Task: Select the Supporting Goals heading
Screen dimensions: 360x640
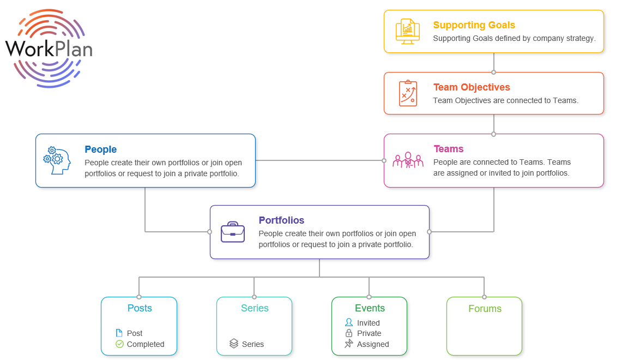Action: (x=474, y=25)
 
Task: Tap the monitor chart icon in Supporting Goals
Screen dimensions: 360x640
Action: (x=407, y=31)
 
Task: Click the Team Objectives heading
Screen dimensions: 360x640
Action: (x=472, y=87)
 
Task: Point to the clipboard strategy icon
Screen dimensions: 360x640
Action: (x=407, y=93)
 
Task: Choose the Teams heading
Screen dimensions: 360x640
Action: (x=448, y=149)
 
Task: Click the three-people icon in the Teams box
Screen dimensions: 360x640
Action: (x=408, y=160)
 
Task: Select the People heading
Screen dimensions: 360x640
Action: (x=100, y=149)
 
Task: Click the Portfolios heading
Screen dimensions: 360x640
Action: (x=281, y=220)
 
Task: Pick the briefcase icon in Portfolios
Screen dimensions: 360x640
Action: (x=233, y=232)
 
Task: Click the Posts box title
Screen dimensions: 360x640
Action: (x=140, y=308)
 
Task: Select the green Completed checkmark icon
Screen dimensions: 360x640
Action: (x=119, y=344)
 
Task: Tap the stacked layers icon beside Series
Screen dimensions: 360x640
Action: (x=234, y=344)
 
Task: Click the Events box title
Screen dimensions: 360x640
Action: (x=370, y=308)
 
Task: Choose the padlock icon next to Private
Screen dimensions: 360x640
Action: (x=349, y=333)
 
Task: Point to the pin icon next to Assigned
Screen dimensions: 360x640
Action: (x=349, y=344)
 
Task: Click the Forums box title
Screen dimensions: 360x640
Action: (x=485, y=309)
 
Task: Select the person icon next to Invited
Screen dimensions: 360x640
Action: (x=349, y=322)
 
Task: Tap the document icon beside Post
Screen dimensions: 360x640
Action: (x=119, y=333)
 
